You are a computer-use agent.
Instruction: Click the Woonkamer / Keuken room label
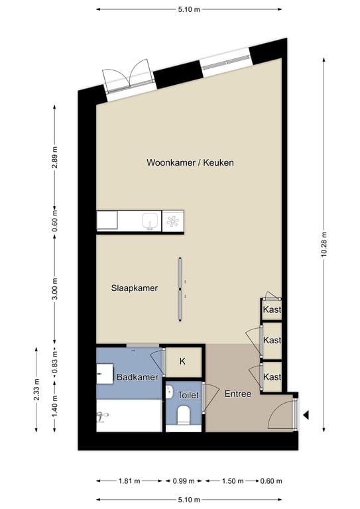pyautogui.click(x=190, y=162)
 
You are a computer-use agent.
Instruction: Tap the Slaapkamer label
pyautogui.click(x=134, y=288)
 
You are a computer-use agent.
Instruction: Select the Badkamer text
pyautogui.click(x=137, y=377)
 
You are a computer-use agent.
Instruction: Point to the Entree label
pyautogui.click(x=237, y=394)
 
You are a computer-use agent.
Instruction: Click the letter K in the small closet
pyautogui.click(x=182, y=362)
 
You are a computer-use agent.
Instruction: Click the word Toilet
pyautogui.click(x=188, y=395)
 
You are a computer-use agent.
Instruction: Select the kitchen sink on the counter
pyautogui.click(x=151, y=221)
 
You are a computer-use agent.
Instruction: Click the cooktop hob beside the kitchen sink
pyautogui.click(x=173, y=221)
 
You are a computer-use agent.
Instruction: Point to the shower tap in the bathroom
pyautogui.click(x=102, y=417)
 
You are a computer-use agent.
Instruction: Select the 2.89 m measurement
pyautogui.click(x=54, y=158)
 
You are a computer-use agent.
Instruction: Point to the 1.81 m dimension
pyautogui.click(x=129, y=481)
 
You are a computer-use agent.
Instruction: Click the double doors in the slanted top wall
pyautogui.click(x=129, y=78)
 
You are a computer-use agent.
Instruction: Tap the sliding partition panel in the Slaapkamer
pyautogui.click(x=180, y=289)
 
